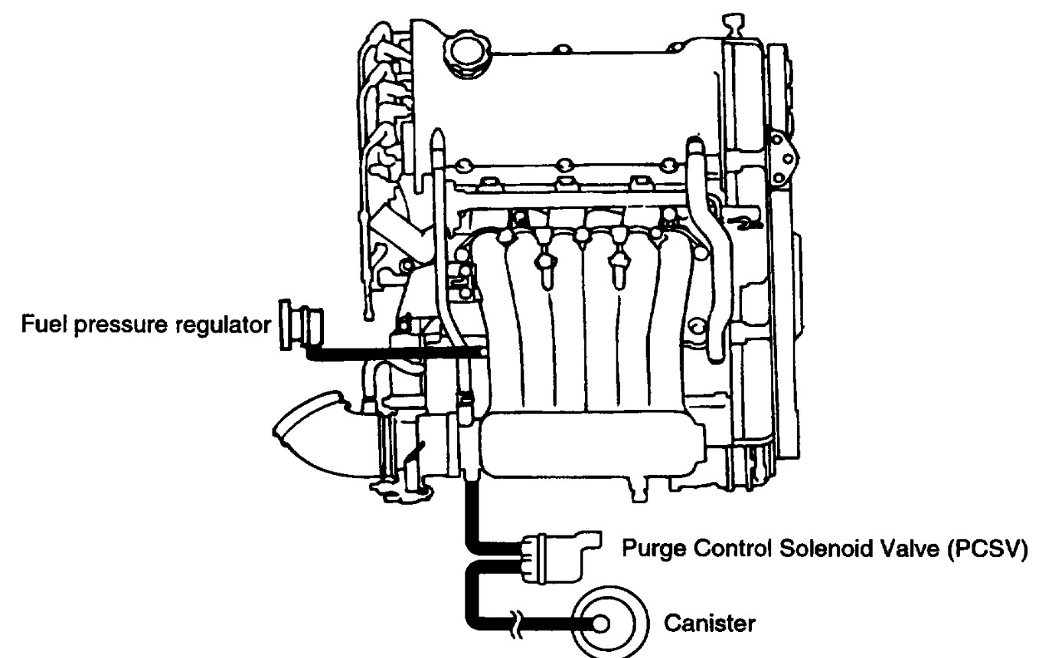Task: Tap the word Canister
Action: click(x=708, y=624)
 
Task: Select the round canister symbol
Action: click(x=612, y=624)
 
